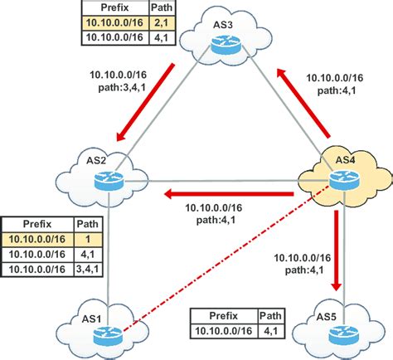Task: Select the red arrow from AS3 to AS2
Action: click(149, 97)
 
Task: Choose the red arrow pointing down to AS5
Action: click(336, 252)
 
